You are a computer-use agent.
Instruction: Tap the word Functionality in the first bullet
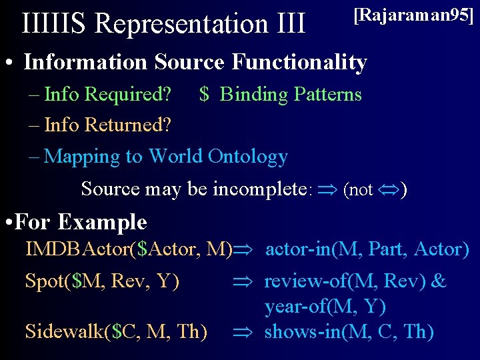pos(299,63)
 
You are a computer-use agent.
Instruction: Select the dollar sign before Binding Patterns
pos(205,95)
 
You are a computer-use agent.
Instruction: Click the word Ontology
pos(247,157)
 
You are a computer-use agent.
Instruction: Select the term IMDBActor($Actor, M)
pos(129,250)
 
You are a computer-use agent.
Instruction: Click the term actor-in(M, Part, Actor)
pos(367,250)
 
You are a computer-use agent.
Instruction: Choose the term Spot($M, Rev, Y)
pos(102,282)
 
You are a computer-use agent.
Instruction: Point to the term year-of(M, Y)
pos(325,307)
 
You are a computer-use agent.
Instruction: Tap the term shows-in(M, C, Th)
pos(349,331)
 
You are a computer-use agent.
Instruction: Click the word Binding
pos(253,95)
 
